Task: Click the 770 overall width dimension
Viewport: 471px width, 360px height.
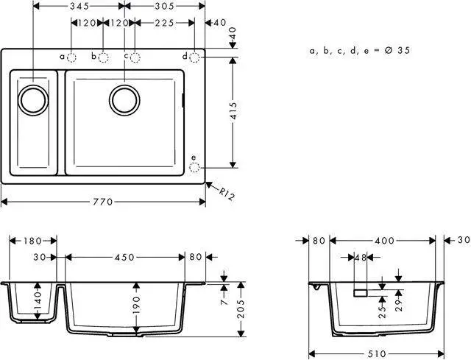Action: click(x=103, y=202)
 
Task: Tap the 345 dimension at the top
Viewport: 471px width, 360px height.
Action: click(x=79, y=6)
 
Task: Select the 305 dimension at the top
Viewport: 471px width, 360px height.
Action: click(x=164, y=6)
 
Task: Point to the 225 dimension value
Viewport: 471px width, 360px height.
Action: click(x=164, y=23)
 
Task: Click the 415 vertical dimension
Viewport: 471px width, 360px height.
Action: click(x=233, y=111)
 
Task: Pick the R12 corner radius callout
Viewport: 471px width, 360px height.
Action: click(x=226, y=194)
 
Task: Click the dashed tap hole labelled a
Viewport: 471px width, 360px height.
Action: click(x=71, y=57)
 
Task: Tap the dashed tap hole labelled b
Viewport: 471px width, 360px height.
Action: click(x=103, y=57)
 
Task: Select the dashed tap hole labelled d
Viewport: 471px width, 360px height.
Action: click(x=194, y=57)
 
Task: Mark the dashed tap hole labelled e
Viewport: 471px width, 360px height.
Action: click(x=194, y=167)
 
